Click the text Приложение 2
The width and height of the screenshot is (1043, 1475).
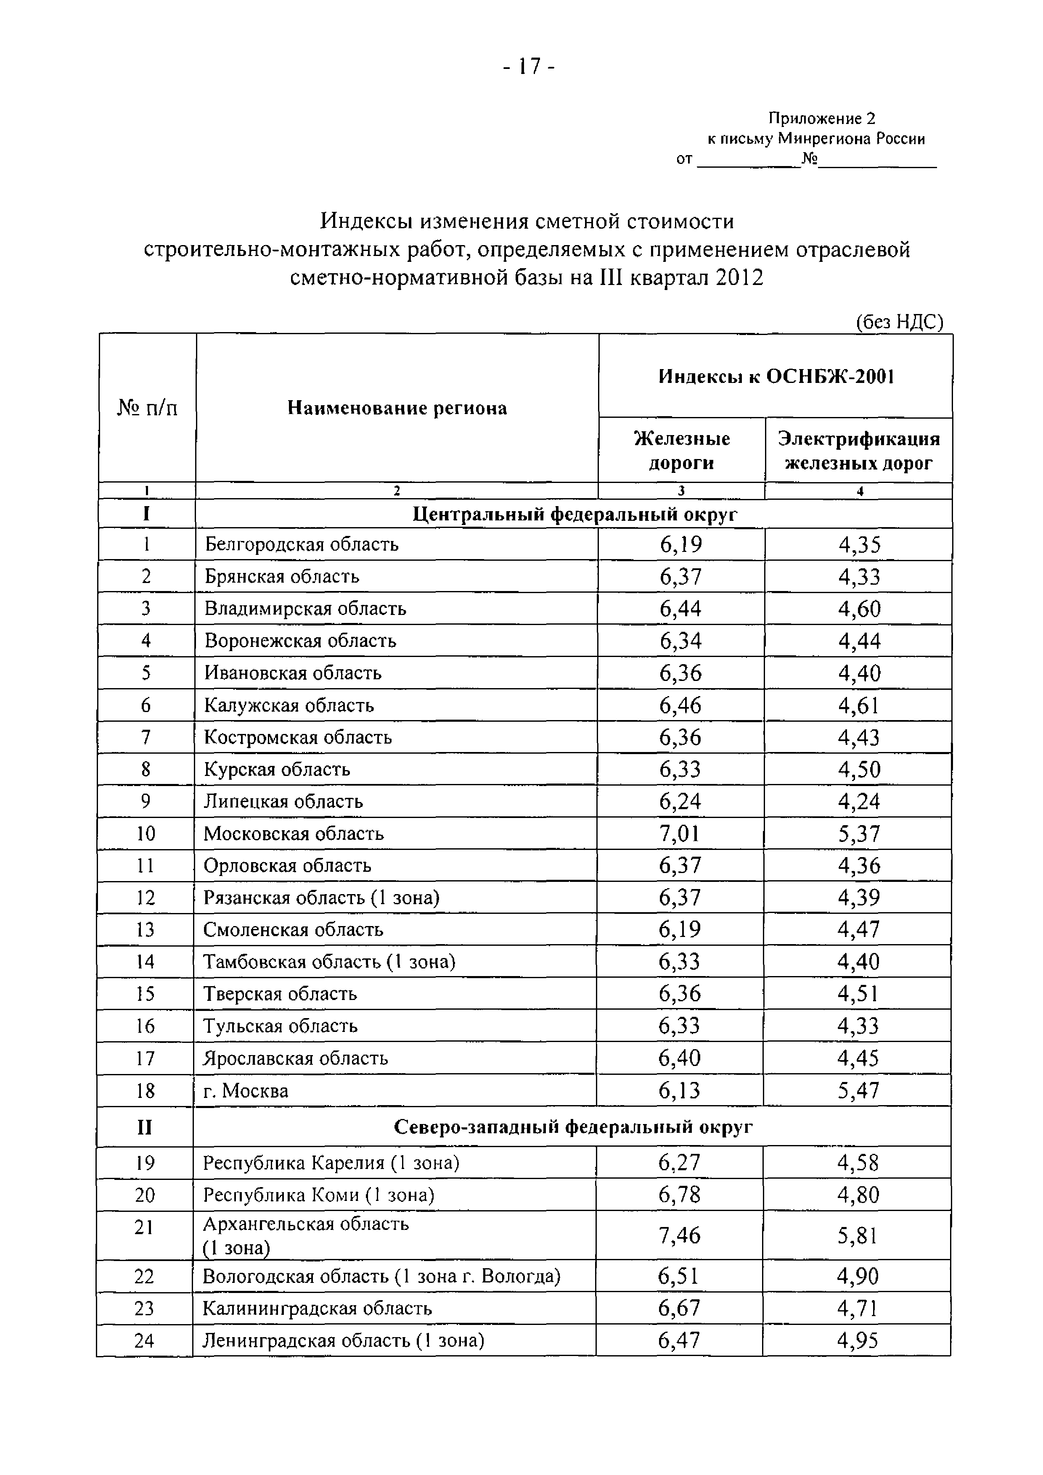(x=821, y=118)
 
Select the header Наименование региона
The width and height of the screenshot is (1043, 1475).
(x=397, y=408)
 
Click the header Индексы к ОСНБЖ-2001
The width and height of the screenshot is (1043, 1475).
(x=776, y=377)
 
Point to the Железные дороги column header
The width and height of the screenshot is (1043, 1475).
(x=681, y=450)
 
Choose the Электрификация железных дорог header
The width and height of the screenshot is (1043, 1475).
(x=858, y=450)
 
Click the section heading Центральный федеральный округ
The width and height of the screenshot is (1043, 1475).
(x=574, y=514)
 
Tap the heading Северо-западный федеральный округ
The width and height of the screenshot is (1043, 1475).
(x=572, y=1127)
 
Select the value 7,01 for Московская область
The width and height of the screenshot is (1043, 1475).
(x=680, y=833)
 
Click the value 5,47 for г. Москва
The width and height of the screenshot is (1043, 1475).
(x=858, y=1090)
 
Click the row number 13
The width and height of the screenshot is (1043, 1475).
(x=145, y=929)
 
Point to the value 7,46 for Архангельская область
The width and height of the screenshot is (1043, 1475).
(x=679, y=1235)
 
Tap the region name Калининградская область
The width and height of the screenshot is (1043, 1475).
(x=317, y=1308)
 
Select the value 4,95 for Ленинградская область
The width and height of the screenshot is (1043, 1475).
(x=857, y=1340)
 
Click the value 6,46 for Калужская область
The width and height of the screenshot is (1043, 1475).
(x=680, y=705)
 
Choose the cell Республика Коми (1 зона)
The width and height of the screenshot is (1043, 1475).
(x=319, y=1195)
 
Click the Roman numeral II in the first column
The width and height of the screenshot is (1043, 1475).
(x=145, y=1127)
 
